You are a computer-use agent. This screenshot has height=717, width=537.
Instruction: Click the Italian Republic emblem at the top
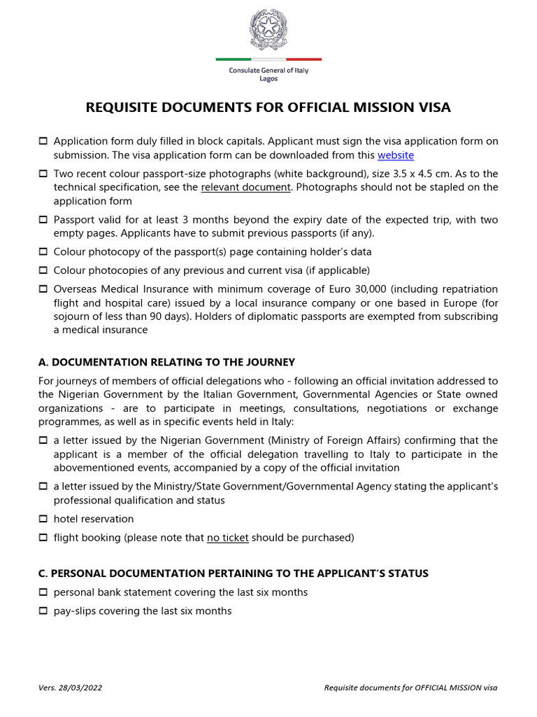pyautogui.click(x=268, y=31)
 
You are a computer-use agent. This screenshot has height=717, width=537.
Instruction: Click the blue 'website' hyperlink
pyautogui.click(x=396, y=155)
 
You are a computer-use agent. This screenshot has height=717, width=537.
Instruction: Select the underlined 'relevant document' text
pyautogui.click(x=245, y=187)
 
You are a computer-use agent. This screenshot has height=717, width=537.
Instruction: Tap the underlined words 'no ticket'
pyautogui.click(x=227, y=538)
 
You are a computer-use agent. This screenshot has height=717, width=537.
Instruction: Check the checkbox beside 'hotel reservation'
pyautogui.click(x=43, y=519)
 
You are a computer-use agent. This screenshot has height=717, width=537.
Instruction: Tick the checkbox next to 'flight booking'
pyautogui.click(x=43, y=538)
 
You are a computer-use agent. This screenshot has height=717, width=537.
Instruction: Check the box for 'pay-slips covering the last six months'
pyautogui.click(x=43, y=611)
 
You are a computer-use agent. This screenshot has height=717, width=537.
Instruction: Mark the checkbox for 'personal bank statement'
pyautogui.click(x=43, y=592)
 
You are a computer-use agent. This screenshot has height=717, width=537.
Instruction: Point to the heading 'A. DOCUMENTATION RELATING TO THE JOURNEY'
pyautogui.click(x=166, y=362)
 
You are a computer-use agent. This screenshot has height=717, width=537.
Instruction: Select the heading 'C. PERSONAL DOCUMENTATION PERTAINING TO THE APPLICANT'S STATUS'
pyautogui.click(x=233, y=573)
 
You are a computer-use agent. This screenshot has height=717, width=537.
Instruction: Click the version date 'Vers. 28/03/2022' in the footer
pyautogui.click(x=70, y=688)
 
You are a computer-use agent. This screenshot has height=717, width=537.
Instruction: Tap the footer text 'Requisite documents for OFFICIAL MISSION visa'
pyautogui.click(x=411, y=688)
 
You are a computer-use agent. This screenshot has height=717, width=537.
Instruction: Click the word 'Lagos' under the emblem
pyautogui.click(x=268, y=79)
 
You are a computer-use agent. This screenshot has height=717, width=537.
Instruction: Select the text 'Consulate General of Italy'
pyautogui.click(x=268, y=71)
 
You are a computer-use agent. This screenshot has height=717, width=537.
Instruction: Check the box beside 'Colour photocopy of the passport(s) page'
pyautogui.click(x=43, y=251)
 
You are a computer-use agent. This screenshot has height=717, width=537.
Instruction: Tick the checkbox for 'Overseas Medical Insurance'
pyautogui.click(x=43, y=288)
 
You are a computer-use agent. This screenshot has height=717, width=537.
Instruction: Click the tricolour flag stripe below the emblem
pyautogui.click(x=268, y=60)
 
